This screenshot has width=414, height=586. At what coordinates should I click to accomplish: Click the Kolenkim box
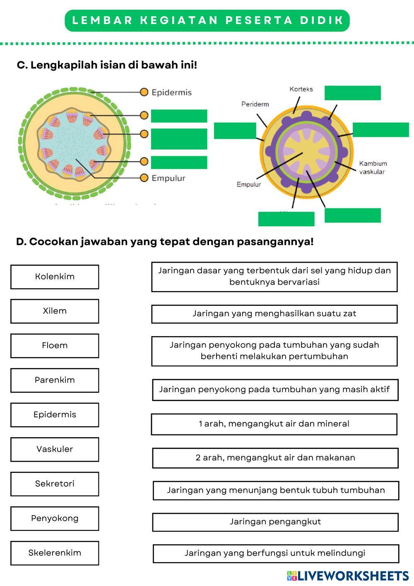pyautogui.click(x=55, y=277)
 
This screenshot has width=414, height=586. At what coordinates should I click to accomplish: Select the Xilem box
pyautogui.click(x=55, y=311)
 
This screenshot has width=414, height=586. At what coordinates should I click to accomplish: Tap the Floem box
pyautogui.click(x=55, y=346)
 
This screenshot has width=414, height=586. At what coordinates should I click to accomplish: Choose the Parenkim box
pyautogui.click(x=55, y=380)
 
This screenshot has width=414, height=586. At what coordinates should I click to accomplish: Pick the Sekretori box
pyautogui.click(x=55, y=484)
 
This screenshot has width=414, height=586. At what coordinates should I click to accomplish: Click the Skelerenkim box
pyautogui.click(x=55, y=553)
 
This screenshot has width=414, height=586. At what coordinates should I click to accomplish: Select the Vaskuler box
pyautogui.click(x=55, y=449)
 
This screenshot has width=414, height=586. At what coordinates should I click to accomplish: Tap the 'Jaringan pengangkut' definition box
pyautogui.click(x=275, y=522)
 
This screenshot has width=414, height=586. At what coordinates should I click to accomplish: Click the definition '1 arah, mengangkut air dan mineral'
pyautogui.click(x=274, y=424)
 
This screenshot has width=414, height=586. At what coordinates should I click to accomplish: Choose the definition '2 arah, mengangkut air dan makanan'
pyautogui.click(x=275, y=458)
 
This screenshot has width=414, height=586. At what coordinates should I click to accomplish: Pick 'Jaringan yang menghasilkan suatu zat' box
pyautogui.click(x=274, y=314)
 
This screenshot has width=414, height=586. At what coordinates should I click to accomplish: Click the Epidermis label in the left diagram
pyautogui.click(x=171, y=92)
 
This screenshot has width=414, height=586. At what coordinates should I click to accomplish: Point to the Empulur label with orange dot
pyautogui.click(x=168, y=178)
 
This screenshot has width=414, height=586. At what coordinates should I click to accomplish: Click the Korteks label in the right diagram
pyautogui.click(x=301, y=89)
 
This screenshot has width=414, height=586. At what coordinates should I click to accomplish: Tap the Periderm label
pyautogui.click(x=255, y=104)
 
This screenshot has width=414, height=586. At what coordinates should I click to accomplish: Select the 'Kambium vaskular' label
pyautogui.click(x=373, y=167)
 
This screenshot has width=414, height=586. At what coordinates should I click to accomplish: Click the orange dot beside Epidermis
pyautogui.click(x=144, y=92)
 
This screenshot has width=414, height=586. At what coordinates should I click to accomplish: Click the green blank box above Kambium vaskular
pyautogui.click(x=380, y=130)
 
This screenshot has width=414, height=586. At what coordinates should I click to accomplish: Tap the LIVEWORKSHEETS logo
pyautogui.click(x=347, y=576)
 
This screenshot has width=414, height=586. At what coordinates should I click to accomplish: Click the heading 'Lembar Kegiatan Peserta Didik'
pyautogui.click(x=207, y=21)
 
